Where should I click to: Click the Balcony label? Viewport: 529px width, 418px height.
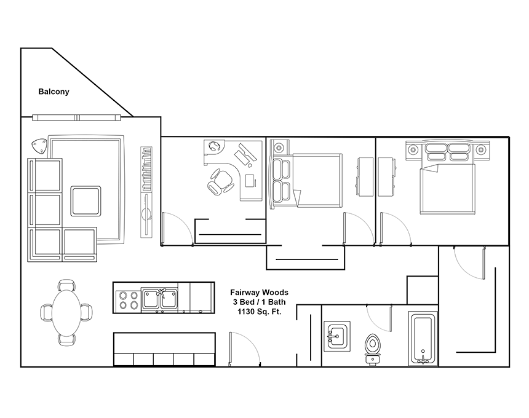pos(54,92)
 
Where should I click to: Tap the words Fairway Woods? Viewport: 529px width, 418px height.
pos(259,292)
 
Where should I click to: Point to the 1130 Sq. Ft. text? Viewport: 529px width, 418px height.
pos(259,312)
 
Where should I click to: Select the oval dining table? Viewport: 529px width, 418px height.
pos(66,312)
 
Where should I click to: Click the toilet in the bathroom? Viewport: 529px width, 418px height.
pos(372,350)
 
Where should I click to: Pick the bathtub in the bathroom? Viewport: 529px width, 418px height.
pos(423,339)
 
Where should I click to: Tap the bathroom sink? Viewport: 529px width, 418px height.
pos(337,336)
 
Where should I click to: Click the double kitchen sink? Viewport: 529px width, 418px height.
pos(159,299)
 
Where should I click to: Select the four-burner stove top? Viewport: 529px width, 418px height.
pos(128,301)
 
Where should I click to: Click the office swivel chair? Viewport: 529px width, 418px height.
pos(220,182)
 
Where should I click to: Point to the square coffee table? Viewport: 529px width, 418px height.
pos(86,201)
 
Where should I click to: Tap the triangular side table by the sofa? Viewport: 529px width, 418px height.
pos(39,146)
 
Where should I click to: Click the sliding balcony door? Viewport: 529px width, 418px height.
pos(77,117)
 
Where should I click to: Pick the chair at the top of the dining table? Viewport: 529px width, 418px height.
pos(66,285)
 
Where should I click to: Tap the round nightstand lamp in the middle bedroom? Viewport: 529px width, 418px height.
pos(279,148)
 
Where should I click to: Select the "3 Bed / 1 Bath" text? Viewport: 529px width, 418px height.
pos(259,302)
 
